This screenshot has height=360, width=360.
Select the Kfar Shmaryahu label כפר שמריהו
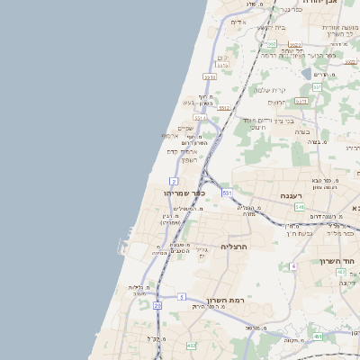coord(185,193)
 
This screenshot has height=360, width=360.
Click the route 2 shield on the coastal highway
coord(173,181)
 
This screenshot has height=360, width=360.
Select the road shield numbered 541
coord(299,207)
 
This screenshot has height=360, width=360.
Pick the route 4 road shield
coord(293,266)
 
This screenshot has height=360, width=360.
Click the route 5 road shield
coord(182,297)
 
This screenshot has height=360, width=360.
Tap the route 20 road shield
coord(157,306)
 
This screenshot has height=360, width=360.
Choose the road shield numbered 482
coord(191,346)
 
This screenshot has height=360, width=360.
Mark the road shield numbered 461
coord(317,337)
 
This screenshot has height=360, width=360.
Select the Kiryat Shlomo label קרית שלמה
coord(269,90)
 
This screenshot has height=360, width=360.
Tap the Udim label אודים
coord(238,22)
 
